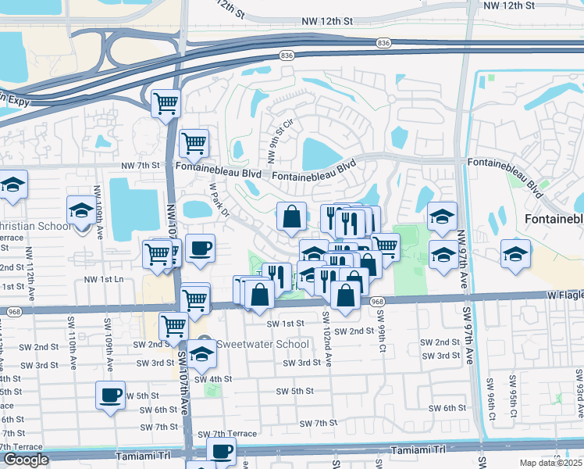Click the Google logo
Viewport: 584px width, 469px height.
click(25, 460)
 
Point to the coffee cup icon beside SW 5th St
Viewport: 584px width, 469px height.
click(111, 394)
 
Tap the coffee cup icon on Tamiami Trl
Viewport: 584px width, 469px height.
click(222, 451)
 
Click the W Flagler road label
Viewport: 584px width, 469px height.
click(563, 295)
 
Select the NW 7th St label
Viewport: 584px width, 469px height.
click(140, 166)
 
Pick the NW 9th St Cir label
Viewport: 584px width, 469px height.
click(281, 139)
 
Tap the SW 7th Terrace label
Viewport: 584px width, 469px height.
click(226, 434)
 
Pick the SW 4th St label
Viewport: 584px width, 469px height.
click(214, 379)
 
